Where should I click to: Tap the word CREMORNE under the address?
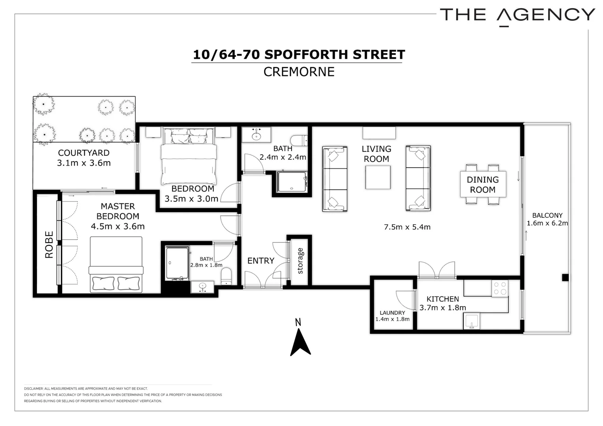(x=299, y=72)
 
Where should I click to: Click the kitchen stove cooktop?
(x=500, y=288)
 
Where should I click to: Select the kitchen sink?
(x=471, y=321)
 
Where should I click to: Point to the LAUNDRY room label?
(x=392, y=312)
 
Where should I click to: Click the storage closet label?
(x=300, y=261)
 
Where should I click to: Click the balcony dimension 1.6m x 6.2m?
(x=547, y=223)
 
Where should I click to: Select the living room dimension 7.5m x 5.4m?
(x=407, y=227)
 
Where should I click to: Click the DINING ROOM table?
(x=483, y=184)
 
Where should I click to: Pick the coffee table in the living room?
(x=378, y=177)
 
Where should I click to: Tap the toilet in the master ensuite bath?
(x=227, y=276)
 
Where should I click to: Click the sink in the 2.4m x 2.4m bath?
(x=257, y=135)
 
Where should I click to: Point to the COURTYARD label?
(x=84, y=153)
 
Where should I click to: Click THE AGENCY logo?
(x=517, y=15)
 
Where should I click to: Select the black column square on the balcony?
(x=565, y=277)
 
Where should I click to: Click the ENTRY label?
(x=260, y=261)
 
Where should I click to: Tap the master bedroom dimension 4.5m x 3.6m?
(x=118, y=226)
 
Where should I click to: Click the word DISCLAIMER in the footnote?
(x=34, y=389)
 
